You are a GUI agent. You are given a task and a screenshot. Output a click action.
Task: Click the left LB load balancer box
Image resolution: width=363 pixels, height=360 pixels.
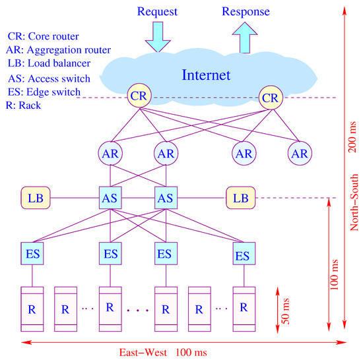(x=35, y=197)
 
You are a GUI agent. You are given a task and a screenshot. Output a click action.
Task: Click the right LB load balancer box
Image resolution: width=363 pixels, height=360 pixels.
(x=240, y=197)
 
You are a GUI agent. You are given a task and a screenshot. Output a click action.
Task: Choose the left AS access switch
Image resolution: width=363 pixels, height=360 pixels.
(x=110, y=197)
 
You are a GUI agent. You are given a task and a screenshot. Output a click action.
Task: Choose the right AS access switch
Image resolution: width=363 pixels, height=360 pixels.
(x=166, y=197)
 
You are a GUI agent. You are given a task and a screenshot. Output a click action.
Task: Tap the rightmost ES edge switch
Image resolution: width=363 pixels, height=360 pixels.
(x=244, y=255)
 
